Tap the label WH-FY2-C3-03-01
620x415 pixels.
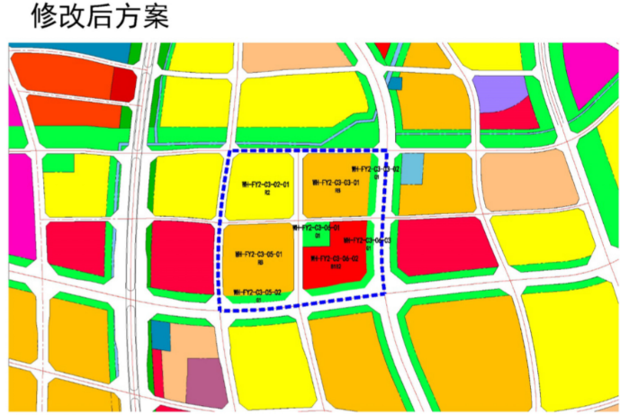click(336, 182)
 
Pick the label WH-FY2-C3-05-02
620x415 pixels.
click(258, 293)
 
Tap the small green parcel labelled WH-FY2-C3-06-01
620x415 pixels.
click(315, 236)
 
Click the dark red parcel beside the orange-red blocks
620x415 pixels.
click(121, 84)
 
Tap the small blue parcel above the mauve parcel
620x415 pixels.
click(160, 335)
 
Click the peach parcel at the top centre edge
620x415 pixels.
click(297, 56)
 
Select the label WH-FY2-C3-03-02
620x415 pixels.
click(375, 169)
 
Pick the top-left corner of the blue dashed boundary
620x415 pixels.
click(230, 152)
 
